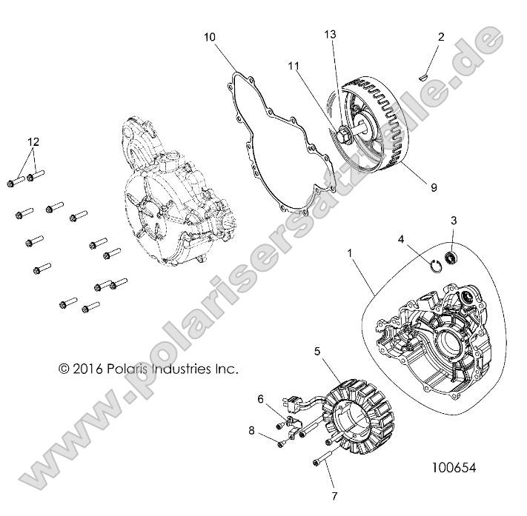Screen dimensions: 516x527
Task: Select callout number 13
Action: click(x=331, y=35)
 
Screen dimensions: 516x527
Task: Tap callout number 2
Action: click(x=440, y=36)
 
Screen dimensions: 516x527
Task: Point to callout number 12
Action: click(x=32, y=141)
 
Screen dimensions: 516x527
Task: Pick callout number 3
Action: click(x=454, y=221)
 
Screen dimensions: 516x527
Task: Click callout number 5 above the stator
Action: click(x=317, y=353)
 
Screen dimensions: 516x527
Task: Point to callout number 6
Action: click(x=260, y=399)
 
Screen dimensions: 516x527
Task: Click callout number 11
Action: click(x=294, y=66)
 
